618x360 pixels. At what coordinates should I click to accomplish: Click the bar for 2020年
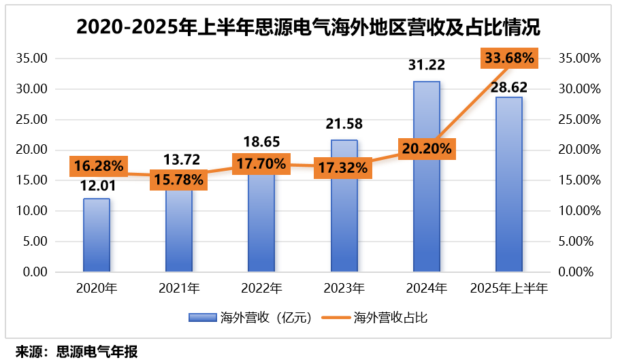pos(97,235)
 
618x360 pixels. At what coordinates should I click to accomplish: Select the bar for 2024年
pos(427,204)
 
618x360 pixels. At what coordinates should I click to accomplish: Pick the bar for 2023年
pos(344,218)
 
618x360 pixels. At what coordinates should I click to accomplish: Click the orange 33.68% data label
pos(509,58)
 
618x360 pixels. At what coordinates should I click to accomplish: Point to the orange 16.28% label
pos(97,165)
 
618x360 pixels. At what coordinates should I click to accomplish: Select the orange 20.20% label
pos(427,148)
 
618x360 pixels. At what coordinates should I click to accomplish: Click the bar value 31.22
pos(427,65)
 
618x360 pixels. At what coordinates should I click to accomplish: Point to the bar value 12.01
pos(97,185)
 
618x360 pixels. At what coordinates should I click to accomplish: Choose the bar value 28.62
pos(509,88)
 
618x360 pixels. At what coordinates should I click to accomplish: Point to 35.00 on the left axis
pos(31,59)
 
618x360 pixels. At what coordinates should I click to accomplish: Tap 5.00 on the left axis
pos(34,242)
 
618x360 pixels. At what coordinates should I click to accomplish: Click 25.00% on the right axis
pos(579,120)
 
